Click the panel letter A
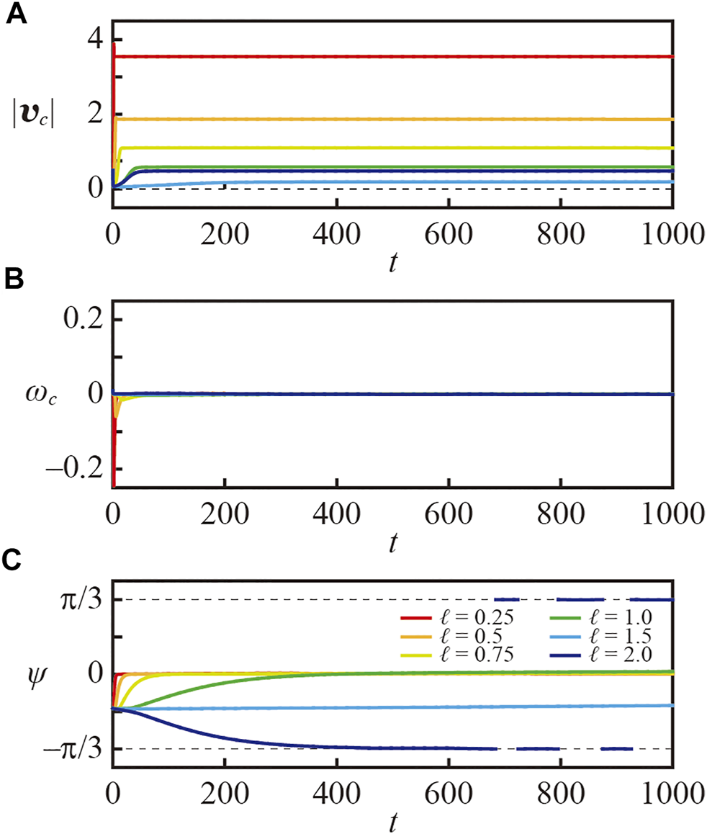(17, 14)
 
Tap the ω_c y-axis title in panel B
(37, 395)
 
